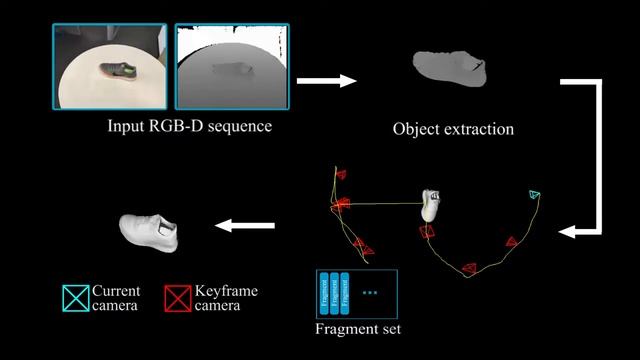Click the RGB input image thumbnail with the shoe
(x=110, y=67)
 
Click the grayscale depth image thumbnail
(x=231, y=67)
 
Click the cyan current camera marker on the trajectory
(x=534, y=194)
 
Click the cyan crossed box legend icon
(x=75, y=297)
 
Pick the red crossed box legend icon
(x=178, y=297)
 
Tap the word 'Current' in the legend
(x=117, y=290)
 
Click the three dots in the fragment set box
(x=371, y=292)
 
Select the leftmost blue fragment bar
(x=324, y=292)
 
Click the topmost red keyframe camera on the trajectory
(x=341, y=173)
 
